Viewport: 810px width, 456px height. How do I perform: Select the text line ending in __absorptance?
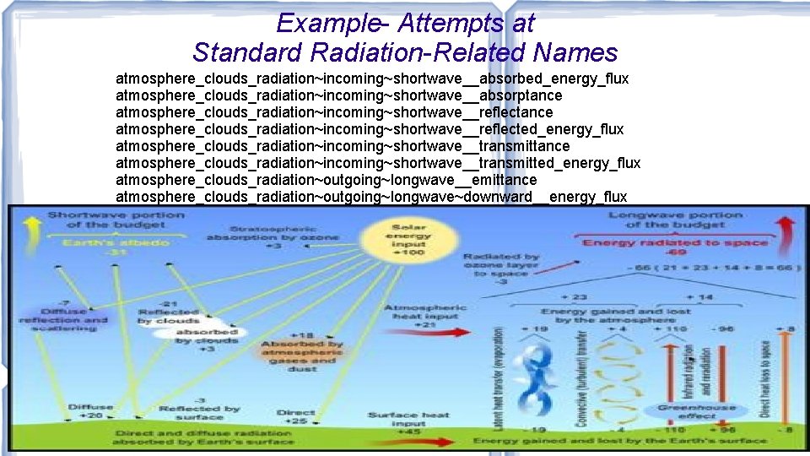point(338,95)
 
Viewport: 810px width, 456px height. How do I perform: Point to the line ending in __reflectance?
point(334,112)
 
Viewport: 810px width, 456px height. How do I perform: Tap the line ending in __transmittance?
point(343,146)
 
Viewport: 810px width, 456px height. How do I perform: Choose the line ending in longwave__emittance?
point(326,180)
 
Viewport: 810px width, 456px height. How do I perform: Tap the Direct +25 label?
point(296,417)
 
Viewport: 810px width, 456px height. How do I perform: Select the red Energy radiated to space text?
point(675,243)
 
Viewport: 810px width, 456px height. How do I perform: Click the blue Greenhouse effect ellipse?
point(696,412)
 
